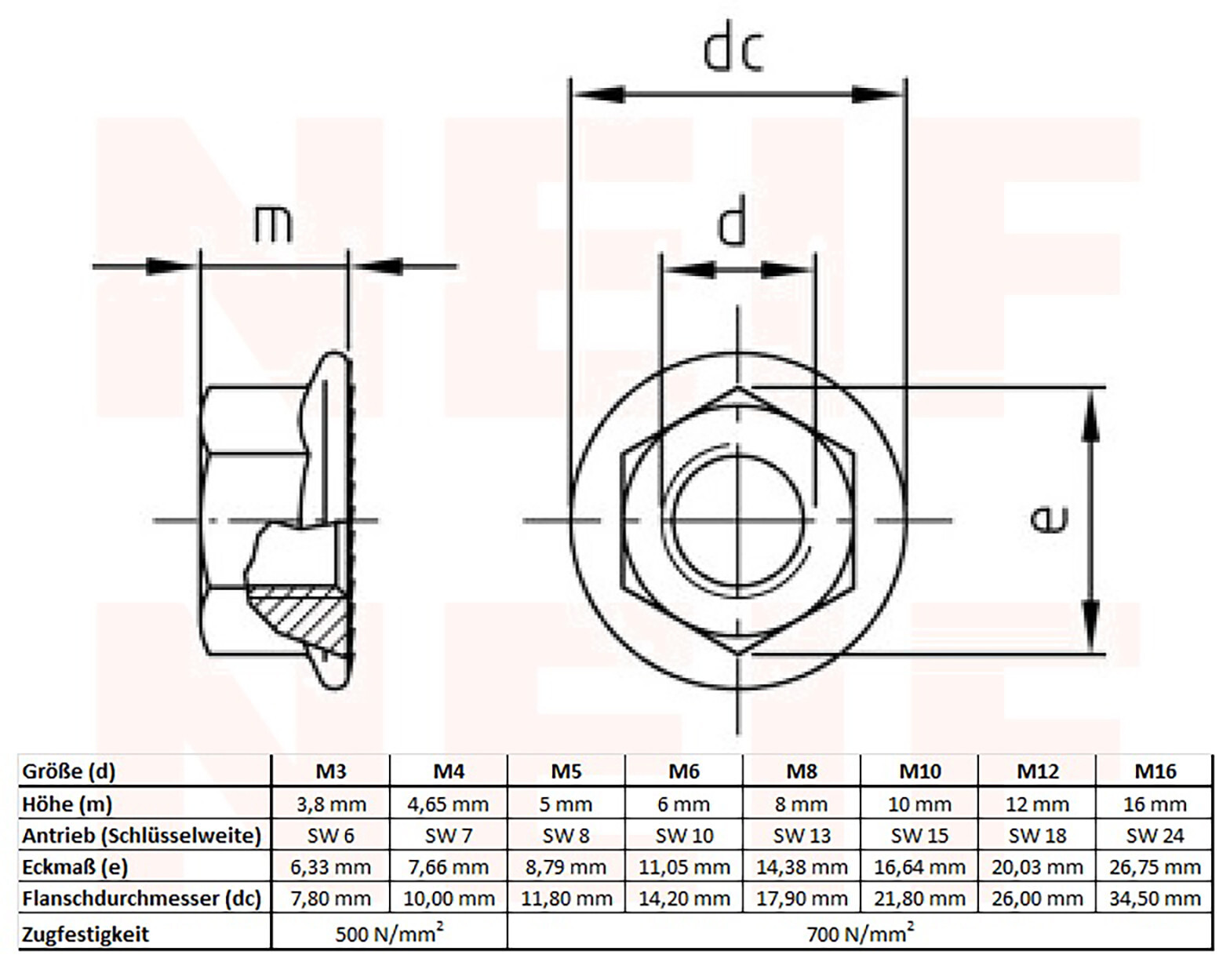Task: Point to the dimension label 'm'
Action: pyautogui.click(x=273, y=224)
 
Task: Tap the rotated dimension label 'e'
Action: pyautogui.click(x=1049, y=519)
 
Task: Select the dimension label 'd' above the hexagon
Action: pyautogui.click(x=733, y=224)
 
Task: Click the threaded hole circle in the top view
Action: pyautogui.click(x=737, y=519)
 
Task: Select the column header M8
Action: pyautogui.click(x=801, y=771)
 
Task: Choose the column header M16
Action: pyautogui.click(x=1155, y=771)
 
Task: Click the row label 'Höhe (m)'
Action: pyautogui.click(x=67, y=804)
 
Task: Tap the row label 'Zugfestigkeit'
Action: pyautogui.click(x=86, y=934)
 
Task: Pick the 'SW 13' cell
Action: pyautogui.click(x=801, y=836)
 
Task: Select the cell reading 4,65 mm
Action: pyautogui.click(x=448, y=804)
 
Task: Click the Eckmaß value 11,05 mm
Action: pyautogui.click(x=684, y=867)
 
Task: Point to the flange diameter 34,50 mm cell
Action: pyautogui.click(x=1155, y=898)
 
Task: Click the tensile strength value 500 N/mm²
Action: pyautogui.click(x=389, y=933)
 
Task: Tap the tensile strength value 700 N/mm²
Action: pyautogui.click(x=860, y=933)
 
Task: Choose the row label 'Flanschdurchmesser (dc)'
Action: pyautogui.click(x=141, y=898)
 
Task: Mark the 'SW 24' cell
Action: pyautogui.click(x=1155, y=836)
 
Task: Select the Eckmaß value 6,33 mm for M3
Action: pyautogui.click(x=330, y=867)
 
